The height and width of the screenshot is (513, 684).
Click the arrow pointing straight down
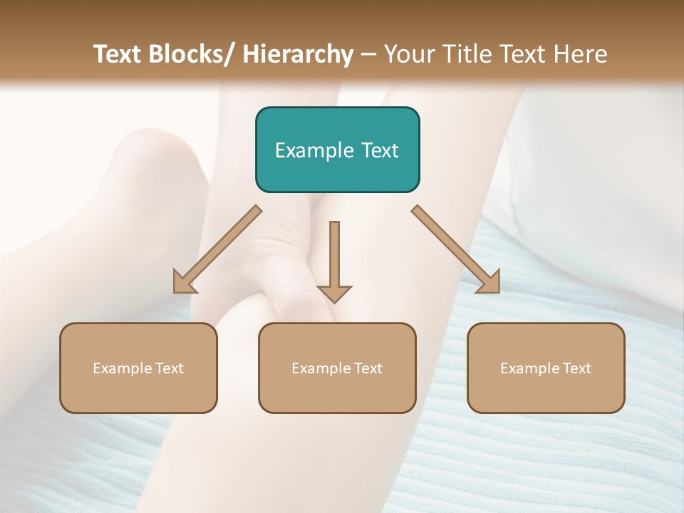point(334,261)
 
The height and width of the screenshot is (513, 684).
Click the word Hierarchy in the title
point(297,54)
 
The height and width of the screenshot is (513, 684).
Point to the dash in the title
point(368,54)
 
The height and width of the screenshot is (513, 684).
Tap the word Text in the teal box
point(378,150)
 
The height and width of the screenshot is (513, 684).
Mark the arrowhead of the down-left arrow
point(184,284)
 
